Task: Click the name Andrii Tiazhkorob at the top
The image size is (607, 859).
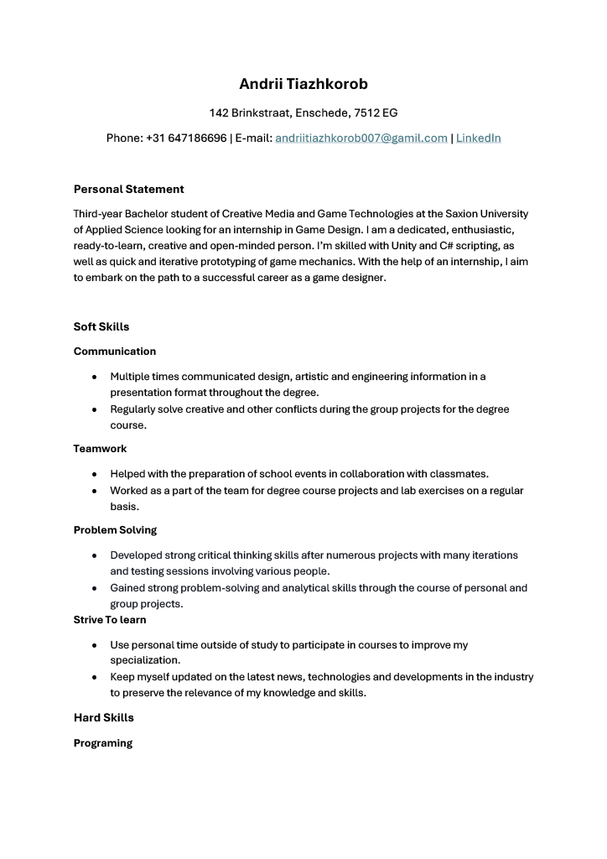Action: pos(303,84)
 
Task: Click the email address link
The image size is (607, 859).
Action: pos(361,138)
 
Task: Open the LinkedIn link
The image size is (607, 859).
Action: pos(478,138)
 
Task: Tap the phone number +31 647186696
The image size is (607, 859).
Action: pos(186,138)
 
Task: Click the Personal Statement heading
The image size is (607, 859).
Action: pos(128,189)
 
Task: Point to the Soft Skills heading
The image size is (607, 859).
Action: pos(101,326)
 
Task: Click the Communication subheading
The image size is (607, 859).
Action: pos(115,351)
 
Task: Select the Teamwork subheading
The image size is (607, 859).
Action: pos(100,449)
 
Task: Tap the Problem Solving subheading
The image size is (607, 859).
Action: pos(115,530)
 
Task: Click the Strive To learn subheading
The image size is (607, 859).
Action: pos(110,620)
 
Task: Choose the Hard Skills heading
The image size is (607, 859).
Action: pos(103,717)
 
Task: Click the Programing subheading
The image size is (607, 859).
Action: pos(103,743)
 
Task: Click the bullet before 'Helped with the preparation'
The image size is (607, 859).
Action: pos(95,475)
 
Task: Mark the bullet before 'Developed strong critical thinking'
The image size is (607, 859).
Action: pos(95,556)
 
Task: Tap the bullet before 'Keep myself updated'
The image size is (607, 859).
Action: pos(95,678)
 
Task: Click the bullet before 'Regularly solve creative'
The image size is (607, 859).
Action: pos(95,410)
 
